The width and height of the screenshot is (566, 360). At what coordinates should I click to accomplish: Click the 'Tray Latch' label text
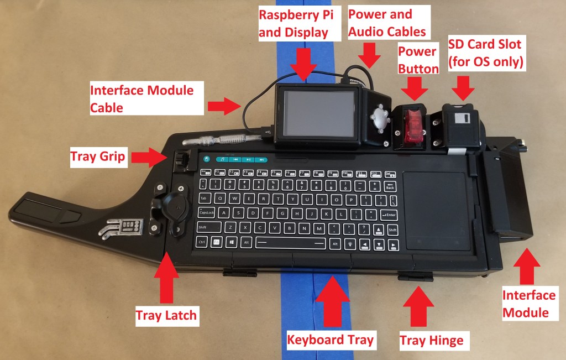tap(166, 316)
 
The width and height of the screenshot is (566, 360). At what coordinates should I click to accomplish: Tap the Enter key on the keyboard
tap(389, 214)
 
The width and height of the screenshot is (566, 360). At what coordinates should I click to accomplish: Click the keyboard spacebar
tap(290, 243)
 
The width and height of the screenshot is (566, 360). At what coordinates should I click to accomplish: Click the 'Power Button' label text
tap(418, 59)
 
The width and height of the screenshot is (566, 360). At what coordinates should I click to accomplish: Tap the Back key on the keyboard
tap(390, 186)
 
